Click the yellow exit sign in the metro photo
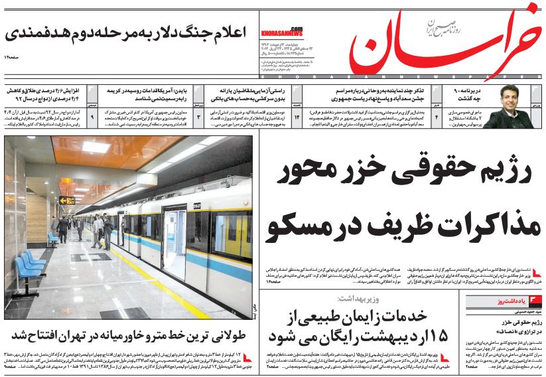[66, 200]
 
